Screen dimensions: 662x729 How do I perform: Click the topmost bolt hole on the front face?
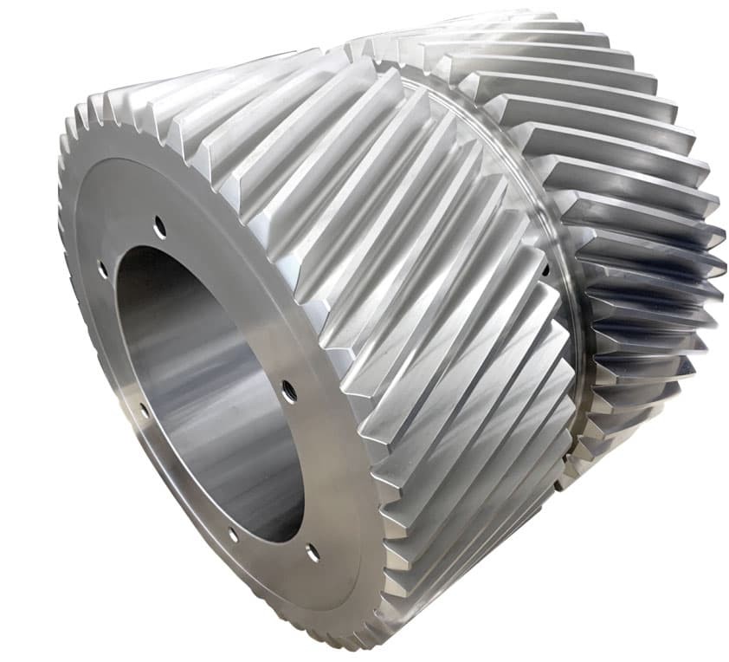(x=159, y=227)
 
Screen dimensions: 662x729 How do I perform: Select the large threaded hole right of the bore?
(x=289, y=391)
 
